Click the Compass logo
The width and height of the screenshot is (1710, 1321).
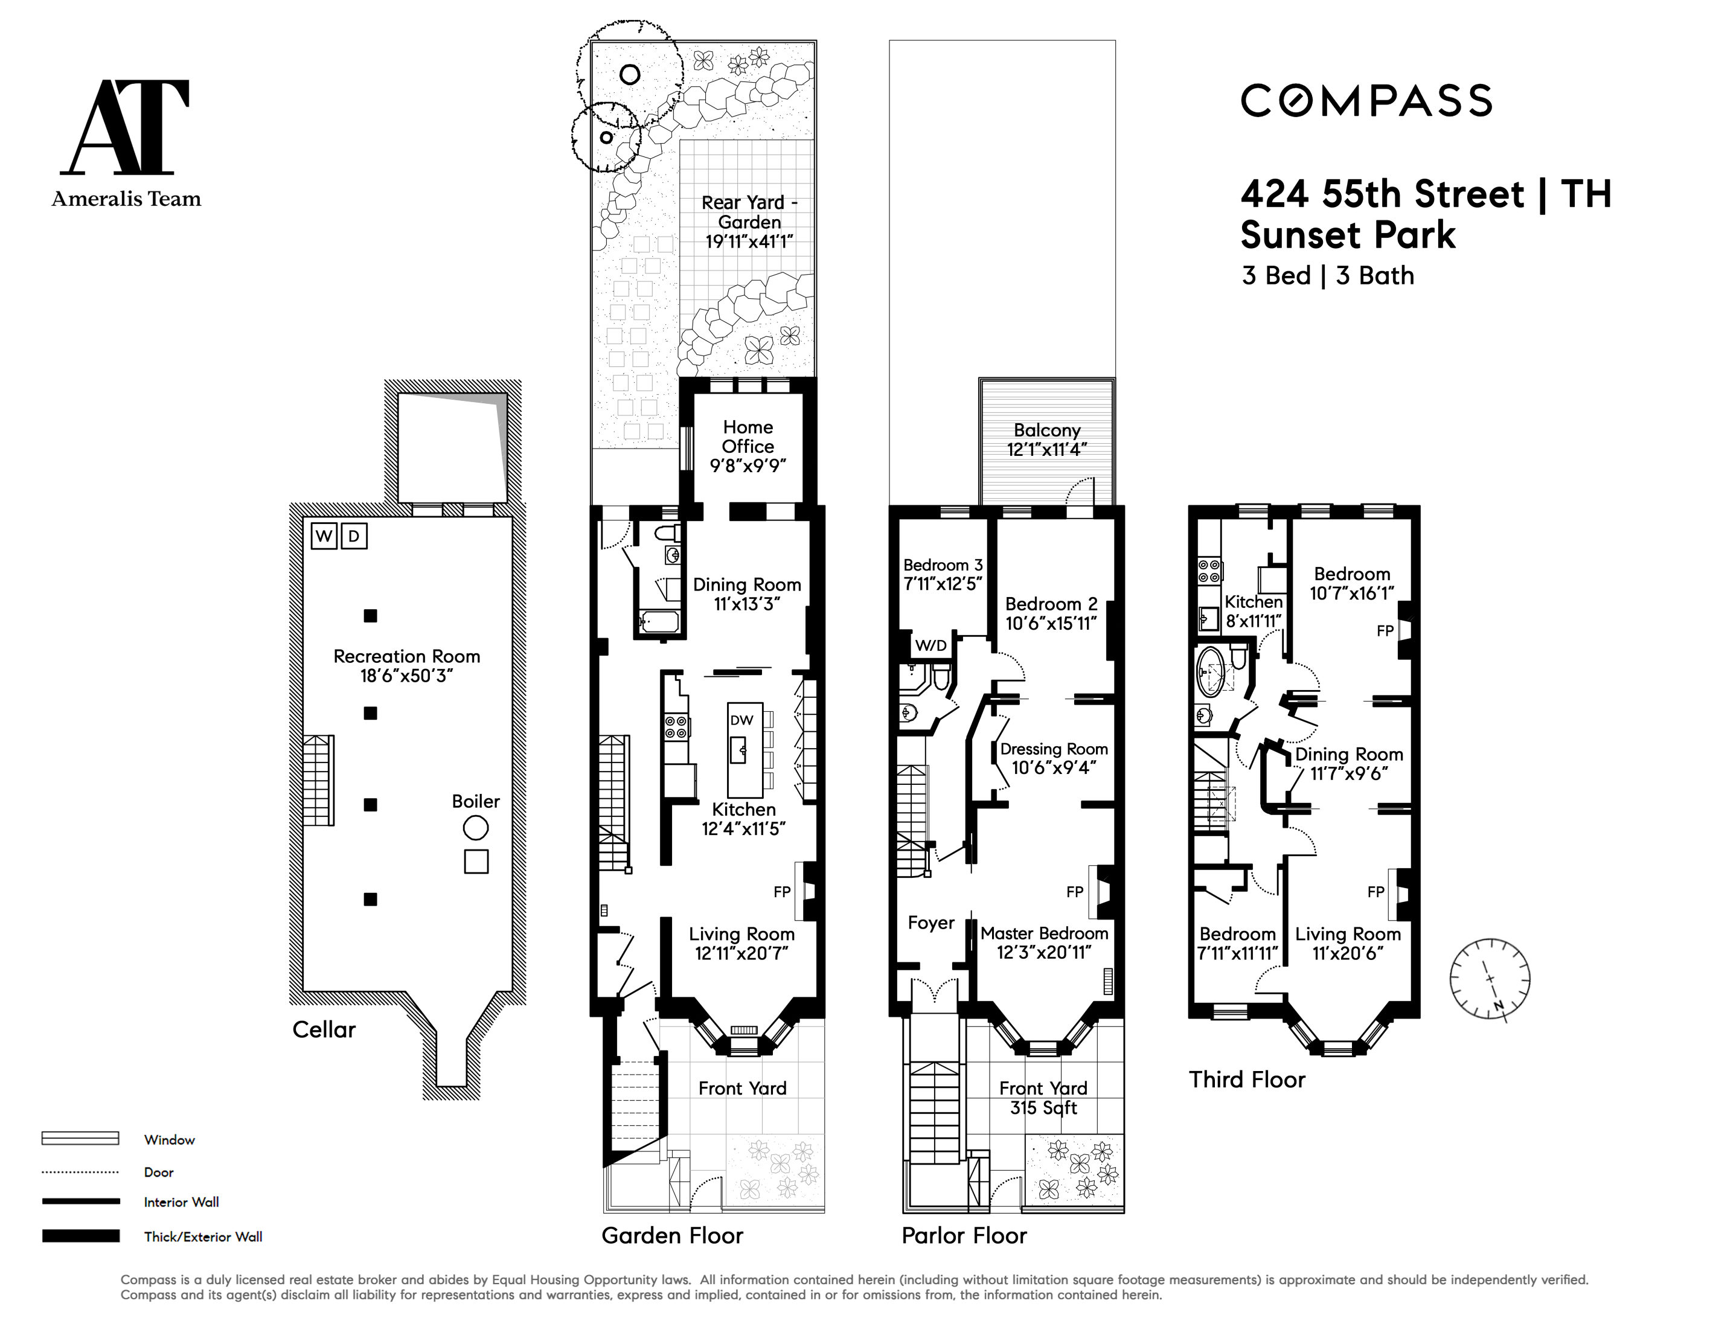pos(1366,101)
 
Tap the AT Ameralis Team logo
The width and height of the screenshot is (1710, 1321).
pos(126,143)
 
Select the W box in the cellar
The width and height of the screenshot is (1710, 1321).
pos(324,536)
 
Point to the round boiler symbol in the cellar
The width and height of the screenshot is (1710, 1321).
pos(475,828)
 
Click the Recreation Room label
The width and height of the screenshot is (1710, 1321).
pos(406,665)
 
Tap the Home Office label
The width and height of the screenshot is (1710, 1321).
pos(748,446)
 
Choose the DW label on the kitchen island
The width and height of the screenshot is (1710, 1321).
pos(741,720)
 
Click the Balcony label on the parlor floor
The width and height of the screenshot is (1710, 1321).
pos(1047,440)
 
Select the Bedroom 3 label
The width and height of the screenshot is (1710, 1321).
pos(943,574)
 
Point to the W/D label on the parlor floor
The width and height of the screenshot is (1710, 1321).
pos(931,646)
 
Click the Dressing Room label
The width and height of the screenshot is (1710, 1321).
pos(1054,758)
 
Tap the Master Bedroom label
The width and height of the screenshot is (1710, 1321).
pos(1045,943)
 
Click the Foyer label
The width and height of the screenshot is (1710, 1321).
pos(931,923)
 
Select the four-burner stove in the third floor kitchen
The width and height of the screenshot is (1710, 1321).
pos(1209,570)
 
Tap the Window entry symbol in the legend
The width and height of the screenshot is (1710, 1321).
pos(80,1139)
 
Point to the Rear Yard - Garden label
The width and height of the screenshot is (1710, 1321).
pos(749,222)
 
